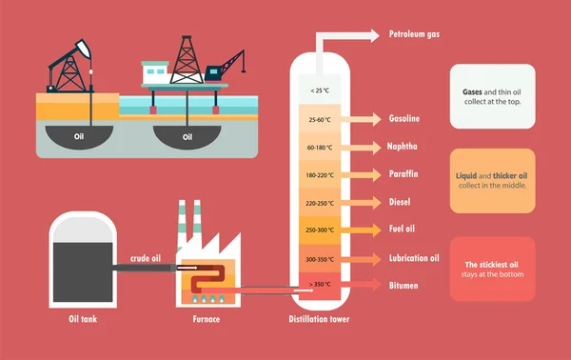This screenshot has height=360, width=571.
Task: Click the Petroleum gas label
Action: tap(414, 35)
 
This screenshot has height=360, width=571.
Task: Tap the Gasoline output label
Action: tap(404, 119)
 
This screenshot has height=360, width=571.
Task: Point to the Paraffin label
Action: tap(404, 174)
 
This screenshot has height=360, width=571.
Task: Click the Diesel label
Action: tap(400, 202)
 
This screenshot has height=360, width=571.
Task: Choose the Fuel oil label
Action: tap(403, 230)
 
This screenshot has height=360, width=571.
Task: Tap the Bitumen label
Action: tap(404, 285)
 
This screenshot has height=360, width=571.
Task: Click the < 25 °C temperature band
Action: tap(320, 91)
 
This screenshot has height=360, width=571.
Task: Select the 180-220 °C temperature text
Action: tap(320, 175)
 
